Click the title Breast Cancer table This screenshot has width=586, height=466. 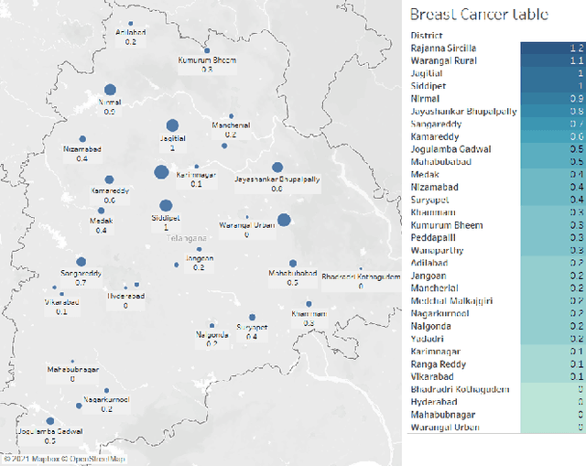tap(479, 14)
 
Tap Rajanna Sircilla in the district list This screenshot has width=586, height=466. tap(443, 47)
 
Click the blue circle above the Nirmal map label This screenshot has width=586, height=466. tap(111, 90)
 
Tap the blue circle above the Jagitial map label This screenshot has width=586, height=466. tap(172, 125)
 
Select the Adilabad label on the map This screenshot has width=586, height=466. tap(131, 32)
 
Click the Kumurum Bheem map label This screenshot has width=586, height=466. tap(206, 60)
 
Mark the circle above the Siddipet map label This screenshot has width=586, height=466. tap(166, 206)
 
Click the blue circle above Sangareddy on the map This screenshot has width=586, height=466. tap(81, 262)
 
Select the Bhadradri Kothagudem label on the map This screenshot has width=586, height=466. tap(361, 276)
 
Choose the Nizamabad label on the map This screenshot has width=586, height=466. tap(82, 148)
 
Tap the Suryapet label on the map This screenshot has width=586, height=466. tap(252, 327)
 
